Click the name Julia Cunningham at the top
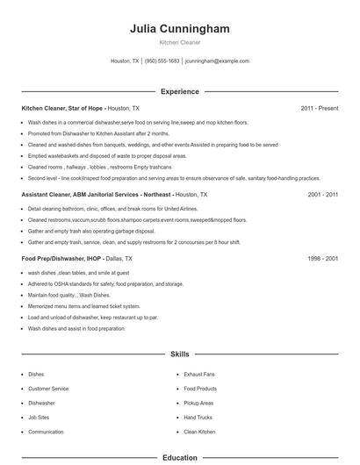coord(179,29)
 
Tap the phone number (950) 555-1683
coord(162,61)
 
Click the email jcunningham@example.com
coord(218,61)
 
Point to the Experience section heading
coord(179,91)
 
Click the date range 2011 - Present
coord(320,108)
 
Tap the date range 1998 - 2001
coord(323,259)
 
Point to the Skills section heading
coord(179,354)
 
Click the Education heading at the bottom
coord(179,457)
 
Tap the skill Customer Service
coord(48,388)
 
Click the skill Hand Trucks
coord(198,417)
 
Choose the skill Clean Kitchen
coord(199,432)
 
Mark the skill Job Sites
coord(39,417)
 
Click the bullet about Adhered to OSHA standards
coord(105,283)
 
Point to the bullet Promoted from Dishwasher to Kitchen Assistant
coord(98,133)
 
